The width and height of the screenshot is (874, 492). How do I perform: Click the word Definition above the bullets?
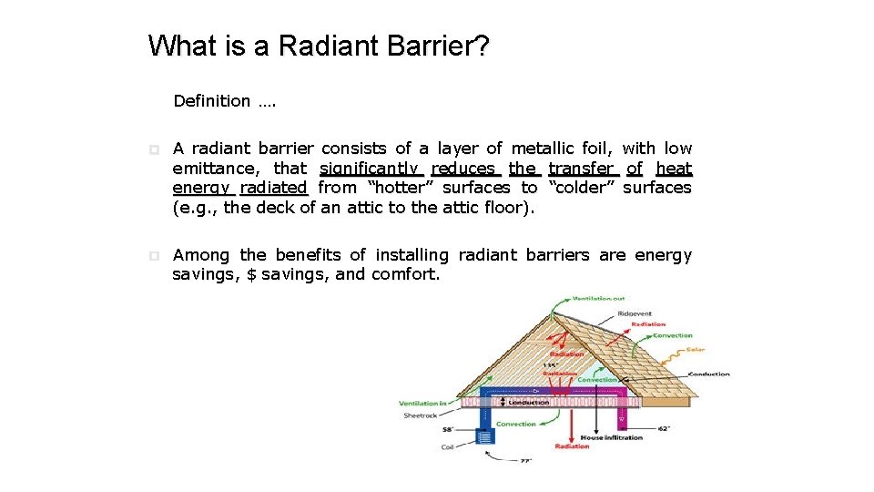pyautogui.click(x=211, y=101)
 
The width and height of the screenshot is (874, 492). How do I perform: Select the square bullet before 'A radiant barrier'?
pyautogui.click(x=154, y=149)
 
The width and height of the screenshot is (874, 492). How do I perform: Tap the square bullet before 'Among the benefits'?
pyautogui.click(x=154, y=256)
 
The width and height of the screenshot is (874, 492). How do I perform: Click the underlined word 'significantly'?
pyautogui.click(x=371, y=168)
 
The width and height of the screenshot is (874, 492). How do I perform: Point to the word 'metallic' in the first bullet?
pyautogui.click(x=543, y=149)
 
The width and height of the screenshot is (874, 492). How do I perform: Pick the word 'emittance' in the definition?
pyautogui.click(x=216, y=168)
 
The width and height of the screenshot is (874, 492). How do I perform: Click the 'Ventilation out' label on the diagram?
pyautogui.click(x=598, y=298)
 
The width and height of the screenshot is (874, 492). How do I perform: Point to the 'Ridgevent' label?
pyautogui.click(x=634, y=313)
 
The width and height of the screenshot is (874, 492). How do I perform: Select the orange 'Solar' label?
pyautogui.click(x=695, y=350)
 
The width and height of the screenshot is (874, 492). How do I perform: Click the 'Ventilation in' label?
pyautogui.click(x=422, y=403)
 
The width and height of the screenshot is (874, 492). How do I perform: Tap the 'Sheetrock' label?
pyautogui.click(x=420, y=415)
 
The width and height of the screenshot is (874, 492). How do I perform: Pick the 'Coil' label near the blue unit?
pyautogui.click(x=447, y=446)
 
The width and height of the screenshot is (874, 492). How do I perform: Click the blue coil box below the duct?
pyautogui.click(x=483, y=438)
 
